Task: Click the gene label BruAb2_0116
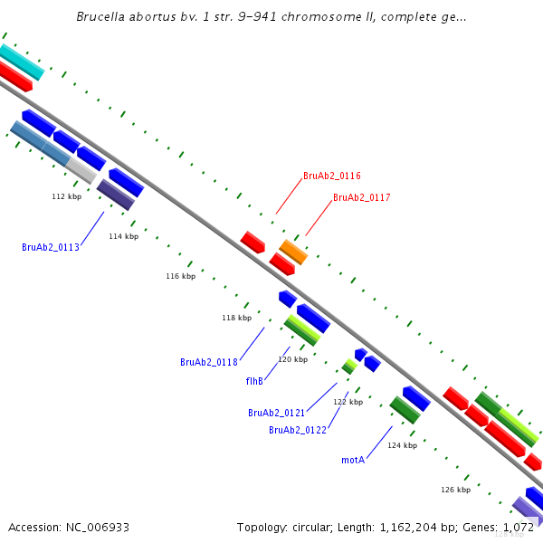331,176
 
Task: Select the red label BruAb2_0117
361,197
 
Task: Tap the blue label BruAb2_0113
51,247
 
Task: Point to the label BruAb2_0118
208,362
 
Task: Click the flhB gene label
254,381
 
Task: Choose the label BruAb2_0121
276,413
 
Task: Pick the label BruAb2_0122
297,430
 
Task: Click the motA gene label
353,460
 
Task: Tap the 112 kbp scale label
66,196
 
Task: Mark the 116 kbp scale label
180,276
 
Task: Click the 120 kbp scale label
292,359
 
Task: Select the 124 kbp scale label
402,445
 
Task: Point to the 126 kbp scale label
455,490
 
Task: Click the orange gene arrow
293,251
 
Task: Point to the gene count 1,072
519,527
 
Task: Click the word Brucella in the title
103,17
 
